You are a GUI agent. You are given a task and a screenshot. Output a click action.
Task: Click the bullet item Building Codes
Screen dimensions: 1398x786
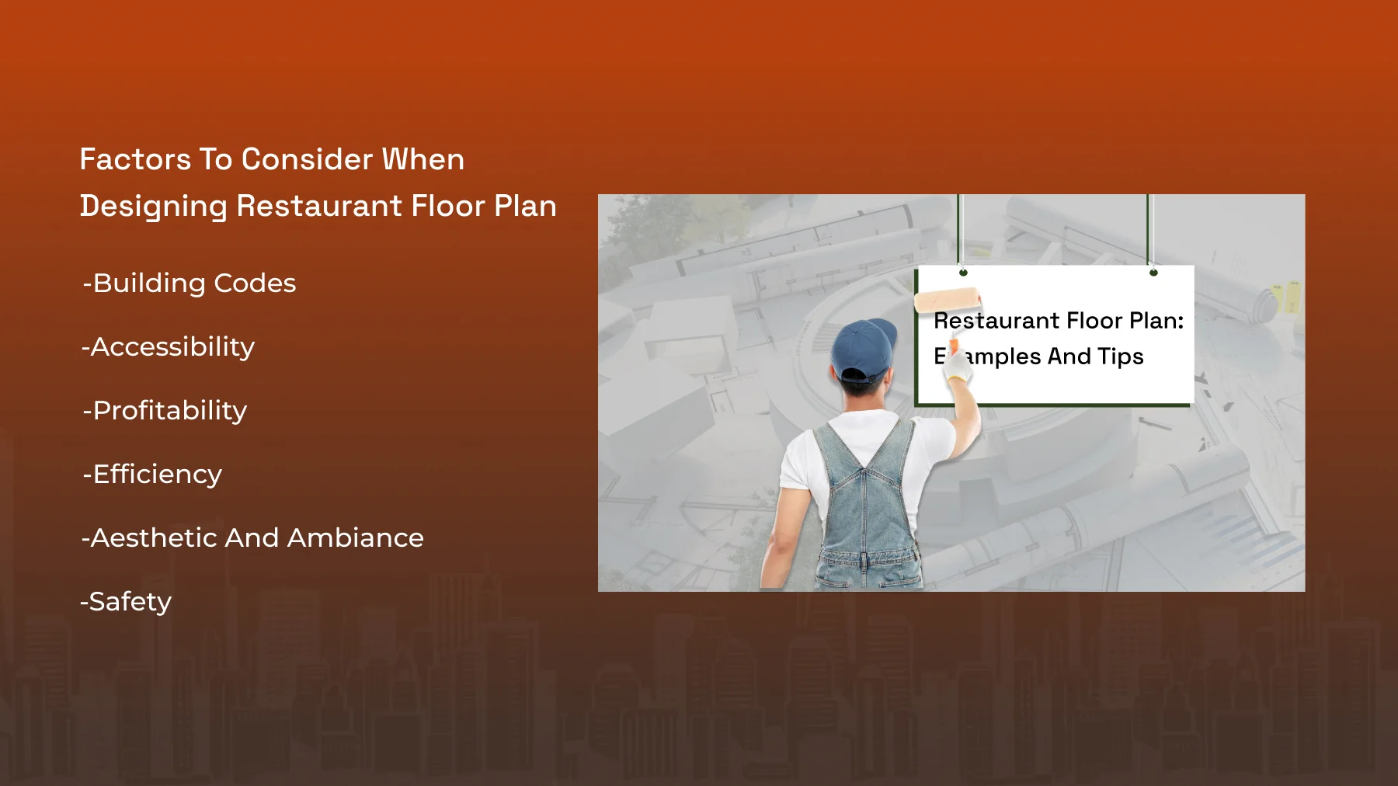190,283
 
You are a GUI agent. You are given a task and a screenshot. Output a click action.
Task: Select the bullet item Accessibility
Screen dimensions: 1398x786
168,347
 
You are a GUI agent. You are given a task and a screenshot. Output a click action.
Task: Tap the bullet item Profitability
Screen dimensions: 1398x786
165,411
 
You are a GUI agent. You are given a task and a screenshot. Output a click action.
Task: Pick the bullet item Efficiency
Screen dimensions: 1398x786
152,475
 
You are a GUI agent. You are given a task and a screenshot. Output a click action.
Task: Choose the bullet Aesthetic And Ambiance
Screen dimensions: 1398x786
252,537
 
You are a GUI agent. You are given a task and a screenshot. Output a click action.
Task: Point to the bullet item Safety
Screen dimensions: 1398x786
126,602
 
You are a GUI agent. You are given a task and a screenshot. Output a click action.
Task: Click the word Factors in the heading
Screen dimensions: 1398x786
135,159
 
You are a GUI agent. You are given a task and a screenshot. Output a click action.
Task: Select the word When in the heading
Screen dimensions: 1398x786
423,159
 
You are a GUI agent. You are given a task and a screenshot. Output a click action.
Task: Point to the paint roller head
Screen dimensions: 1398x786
947,300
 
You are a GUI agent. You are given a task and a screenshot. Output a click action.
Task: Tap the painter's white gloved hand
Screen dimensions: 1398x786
958,363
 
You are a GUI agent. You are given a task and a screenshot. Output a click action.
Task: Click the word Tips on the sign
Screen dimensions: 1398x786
1121,356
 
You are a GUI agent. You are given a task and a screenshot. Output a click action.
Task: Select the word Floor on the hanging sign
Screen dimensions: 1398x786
1095,320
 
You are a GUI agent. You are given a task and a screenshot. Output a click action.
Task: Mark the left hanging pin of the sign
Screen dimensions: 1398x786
963,273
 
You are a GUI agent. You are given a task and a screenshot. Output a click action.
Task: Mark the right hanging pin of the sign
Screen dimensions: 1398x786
1153,273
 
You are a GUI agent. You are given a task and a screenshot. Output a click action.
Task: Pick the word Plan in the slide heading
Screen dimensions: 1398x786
525,206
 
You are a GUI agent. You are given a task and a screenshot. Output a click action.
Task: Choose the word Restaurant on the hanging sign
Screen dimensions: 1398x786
996,320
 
